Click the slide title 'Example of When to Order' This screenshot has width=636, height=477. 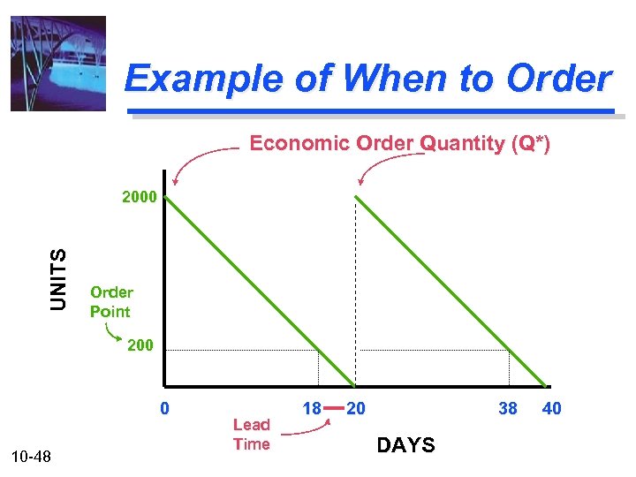click(367, 79)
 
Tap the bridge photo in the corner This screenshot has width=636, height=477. click(58, 64)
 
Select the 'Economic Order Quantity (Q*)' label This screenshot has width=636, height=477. click(399, 143)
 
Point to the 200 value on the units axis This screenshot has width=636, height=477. click(139, 344)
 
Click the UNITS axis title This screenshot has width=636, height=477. click(58, 278)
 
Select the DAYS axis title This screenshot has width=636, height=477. click(405, 445)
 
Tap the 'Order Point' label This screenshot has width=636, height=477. click(111, 301)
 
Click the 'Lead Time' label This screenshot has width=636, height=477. click(251, 434)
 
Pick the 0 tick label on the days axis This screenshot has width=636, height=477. click(164, 408)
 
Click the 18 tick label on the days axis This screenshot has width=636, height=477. click(311, 408)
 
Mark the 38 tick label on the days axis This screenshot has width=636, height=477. click(507, 408)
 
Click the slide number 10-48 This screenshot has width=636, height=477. click(32, 456)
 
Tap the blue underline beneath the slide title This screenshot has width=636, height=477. click(371, 111)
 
